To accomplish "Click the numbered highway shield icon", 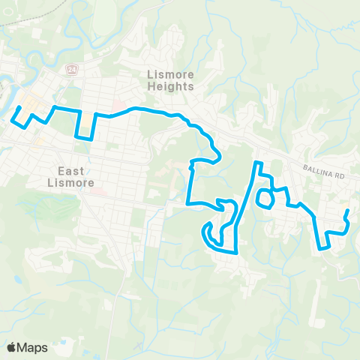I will point(72,68).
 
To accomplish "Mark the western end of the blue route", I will point(19,107).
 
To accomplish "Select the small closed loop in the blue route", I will point(264,199).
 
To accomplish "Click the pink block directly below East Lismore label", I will point(96,190).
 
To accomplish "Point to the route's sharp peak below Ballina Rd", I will point(257,163).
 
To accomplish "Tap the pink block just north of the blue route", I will point(117,103).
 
